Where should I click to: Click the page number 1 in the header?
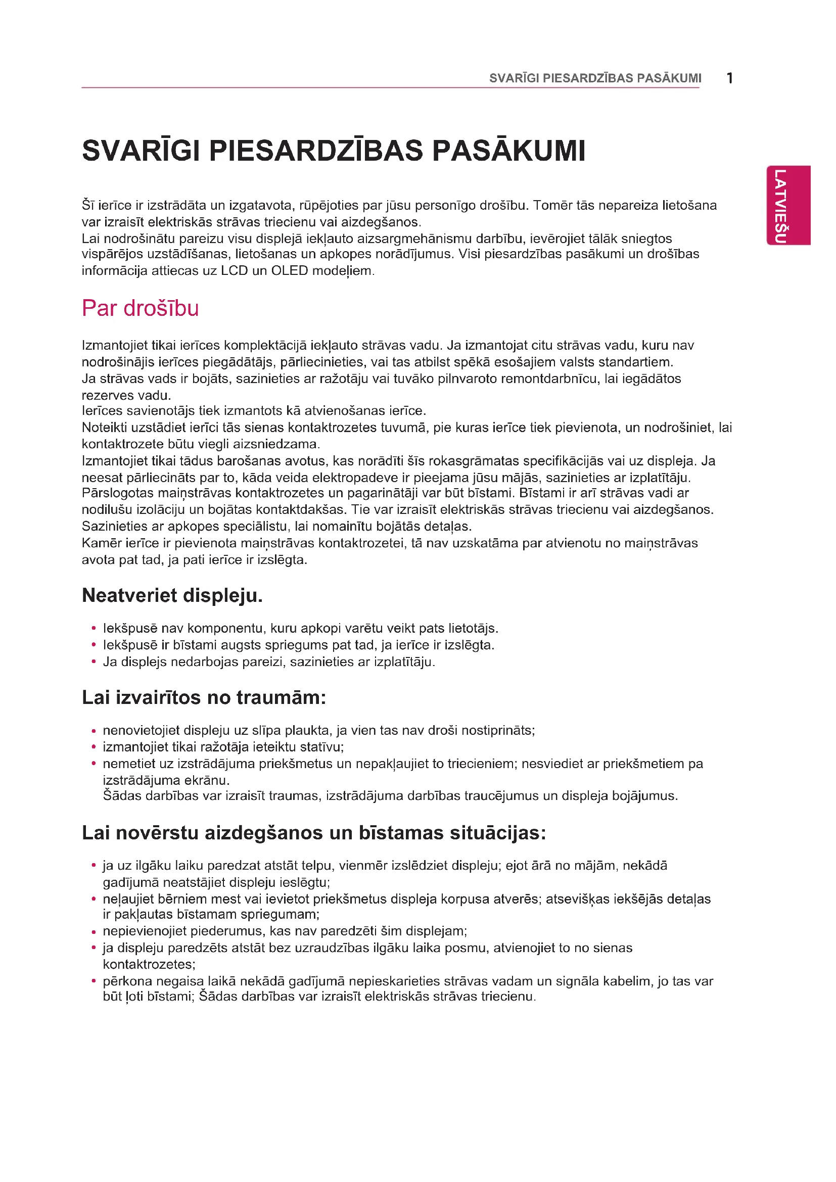point(729,78)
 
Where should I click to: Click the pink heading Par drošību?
point(140,308)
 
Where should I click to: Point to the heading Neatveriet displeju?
point(172,596)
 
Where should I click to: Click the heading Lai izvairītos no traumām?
point(204,697)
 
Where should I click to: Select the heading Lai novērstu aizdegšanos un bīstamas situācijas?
point(313,832)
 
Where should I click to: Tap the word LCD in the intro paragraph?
point(234,271)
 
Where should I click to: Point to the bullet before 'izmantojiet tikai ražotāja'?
point(94,747)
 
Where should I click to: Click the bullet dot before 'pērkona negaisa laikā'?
point(94,981)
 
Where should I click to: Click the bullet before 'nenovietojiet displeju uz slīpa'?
point(94,731)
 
